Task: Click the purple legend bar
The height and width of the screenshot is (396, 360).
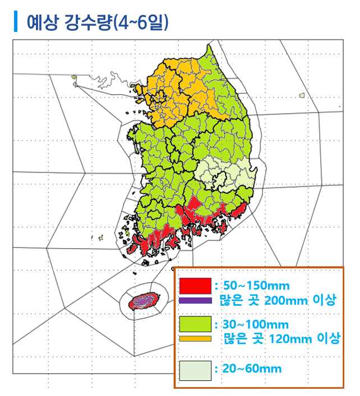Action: pyautogui.click(x=195, y=300)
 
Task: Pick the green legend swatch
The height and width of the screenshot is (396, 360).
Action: pyautogui.click(x=195, y=324)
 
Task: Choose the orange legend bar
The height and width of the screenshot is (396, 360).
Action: pyautogui.click(x=195, y=338)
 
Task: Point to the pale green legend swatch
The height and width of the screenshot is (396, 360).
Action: pyautogui.click(x=195, y=370)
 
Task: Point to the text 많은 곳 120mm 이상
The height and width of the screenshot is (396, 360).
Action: pyautogui.click(x=282, y=339)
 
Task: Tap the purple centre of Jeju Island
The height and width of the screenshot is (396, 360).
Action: pyautogui.click(x=145, y=301)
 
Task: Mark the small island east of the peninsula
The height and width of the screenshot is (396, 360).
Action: pyautogui.click(x=302, y=95)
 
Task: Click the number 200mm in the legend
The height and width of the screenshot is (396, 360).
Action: pyautogui.click(x=281, y=300)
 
